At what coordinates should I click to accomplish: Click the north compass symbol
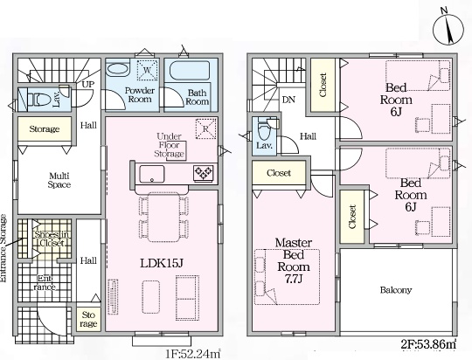click(x=448, y=30)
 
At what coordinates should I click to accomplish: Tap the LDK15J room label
click(x=162, y=263)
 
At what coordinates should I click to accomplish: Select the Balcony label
click(x=396, y=290)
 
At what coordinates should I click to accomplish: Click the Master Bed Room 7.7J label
click(x=293, y=260)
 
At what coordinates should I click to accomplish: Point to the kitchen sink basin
click(x=152, y=174)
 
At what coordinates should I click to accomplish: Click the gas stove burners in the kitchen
click(x=204, y=173)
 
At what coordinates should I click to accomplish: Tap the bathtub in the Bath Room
click(x=190, y=71)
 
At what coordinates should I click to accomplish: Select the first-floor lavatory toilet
click(x=39, y=99)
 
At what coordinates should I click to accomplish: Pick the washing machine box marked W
click(x=147, y=70)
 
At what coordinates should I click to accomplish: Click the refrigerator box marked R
click(x=206, y=128)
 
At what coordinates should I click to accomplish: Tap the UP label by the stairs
click(x=88, y=84)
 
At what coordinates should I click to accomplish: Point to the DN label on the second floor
click(x=288, y=100)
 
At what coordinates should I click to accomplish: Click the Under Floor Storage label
click(x=169, y=145)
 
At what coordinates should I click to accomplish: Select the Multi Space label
click(x=59, y=180)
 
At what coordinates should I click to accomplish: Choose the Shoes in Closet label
click(x=52, y=239)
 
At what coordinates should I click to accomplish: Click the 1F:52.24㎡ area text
click(x=193, y=354)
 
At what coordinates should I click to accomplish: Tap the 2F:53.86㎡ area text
click(x=428, y=344)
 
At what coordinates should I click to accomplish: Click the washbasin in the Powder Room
click(x=118, y=69)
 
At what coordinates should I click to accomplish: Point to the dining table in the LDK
click(x=163, y=217)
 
